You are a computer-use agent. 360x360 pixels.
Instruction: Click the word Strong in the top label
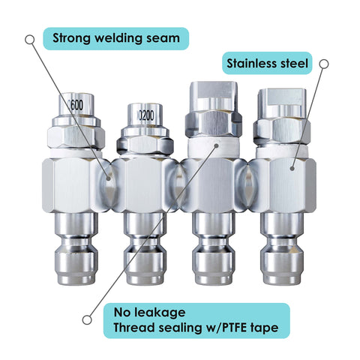(71, 38)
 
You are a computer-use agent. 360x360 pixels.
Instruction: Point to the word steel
(294, 63)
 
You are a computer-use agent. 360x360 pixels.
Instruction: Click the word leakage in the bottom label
(160, 313)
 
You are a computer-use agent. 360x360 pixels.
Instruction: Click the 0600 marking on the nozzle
(76, 105)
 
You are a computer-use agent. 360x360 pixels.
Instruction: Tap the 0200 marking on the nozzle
(146, 115)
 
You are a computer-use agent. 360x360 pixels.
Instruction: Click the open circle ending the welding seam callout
(30, 40)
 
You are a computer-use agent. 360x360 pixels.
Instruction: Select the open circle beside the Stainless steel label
(324, 64)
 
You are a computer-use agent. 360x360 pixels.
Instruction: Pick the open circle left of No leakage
(87, 319)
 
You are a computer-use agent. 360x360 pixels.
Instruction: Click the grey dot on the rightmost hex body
(292, 169)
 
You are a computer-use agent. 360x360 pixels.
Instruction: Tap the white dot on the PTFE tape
(217, 145)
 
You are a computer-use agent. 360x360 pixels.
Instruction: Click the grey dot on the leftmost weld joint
(108, 178)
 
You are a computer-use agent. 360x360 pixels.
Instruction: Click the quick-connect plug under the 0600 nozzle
(76, 249)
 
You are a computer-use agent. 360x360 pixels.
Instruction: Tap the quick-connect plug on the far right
(282, 249)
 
